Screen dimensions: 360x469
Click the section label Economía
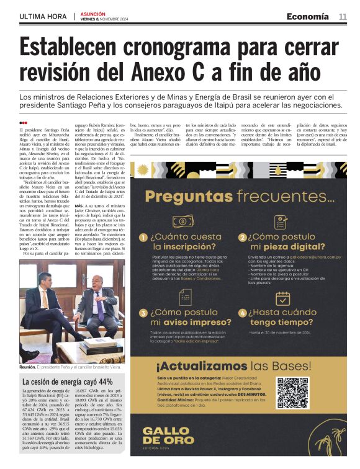(x=307, y=17)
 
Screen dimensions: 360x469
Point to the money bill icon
(x=183, y=221)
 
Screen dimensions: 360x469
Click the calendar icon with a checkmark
(x=282, y=298)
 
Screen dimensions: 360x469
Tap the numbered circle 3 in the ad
(x=143, y=314)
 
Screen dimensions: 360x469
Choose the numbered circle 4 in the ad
(x=243, y=314)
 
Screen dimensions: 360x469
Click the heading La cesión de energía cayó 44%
(x=67, y=382)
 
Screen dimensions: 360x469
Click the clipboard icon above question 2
(x=282, y=221)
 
